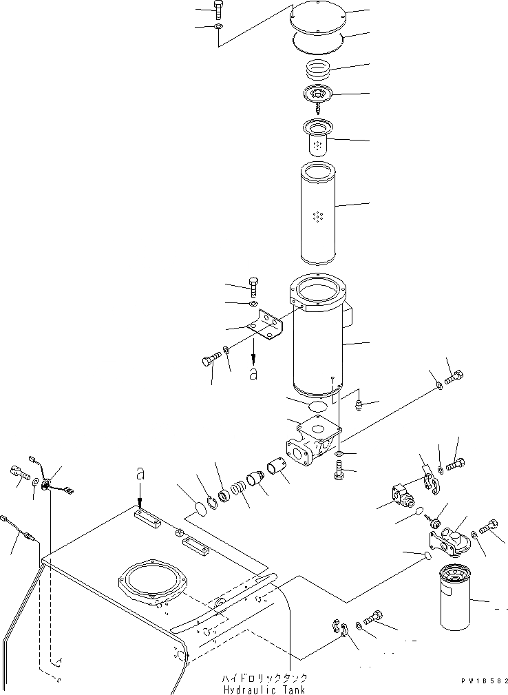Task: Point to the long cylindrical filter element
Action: (317, 214)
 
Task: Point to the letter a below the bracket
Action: (253, 375)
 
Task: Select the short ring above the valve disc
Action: (317, 69)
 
